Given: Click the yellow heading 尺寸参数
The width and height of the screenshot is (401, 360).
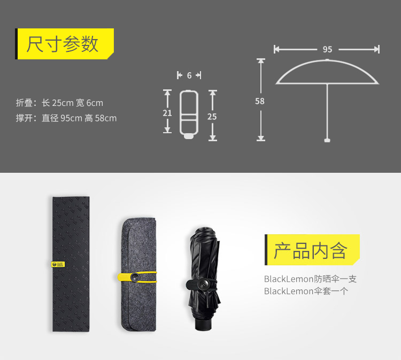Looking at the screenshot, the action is point(63,44).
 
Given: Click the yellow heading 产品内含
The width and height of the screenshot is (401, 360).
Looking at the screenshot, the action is point(311,251).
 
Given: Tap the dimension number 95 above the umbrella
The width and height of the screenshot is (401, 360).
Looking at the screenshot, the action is point(327,49).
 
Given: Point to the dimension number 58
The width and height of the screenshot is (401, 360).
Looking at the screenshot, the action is point(260,101).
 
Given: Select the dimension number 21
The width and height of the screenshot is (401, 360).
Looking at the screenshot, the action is point(167,113).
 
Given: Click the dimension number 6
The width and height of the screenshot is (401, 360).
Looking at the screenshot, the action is point(189,75).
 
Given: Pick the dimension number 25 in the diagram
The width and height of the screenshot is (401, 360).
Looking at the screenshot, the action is point(212,117).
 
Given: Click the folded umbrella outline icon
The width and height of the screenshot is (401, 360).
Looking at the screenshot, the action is point(189,114).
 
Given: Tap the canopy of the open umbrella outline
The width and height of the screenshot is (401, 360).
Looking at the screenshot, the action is point(327,60).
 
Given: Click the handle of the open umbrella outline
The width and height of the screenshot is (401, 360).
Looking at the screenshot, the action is point(327,140).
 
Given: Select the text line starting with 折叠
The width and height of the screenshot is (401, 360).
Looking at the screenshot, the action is point(59,103).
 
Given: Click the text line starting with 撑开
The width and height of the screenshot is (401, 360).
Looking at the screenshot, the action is point(66,118).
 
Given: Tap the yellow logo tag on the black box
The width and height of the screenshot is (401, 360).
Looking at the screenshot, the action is point(58,264).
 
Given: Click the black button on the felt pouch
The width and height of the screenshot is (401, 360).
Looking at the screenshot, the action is point(135,277).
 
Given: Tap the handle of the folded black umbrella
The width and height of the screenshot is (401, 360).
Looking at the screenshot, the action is point(204,324).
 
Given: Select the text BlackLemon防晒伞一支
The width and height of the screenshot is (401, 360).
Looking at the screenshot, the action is point(310,279).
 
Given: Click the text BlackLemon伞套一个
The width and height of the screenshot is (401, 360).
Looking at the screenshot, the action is point(306,291).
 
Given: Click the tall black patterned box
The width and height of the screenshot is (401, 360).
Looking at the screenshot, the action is point(71,264).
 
